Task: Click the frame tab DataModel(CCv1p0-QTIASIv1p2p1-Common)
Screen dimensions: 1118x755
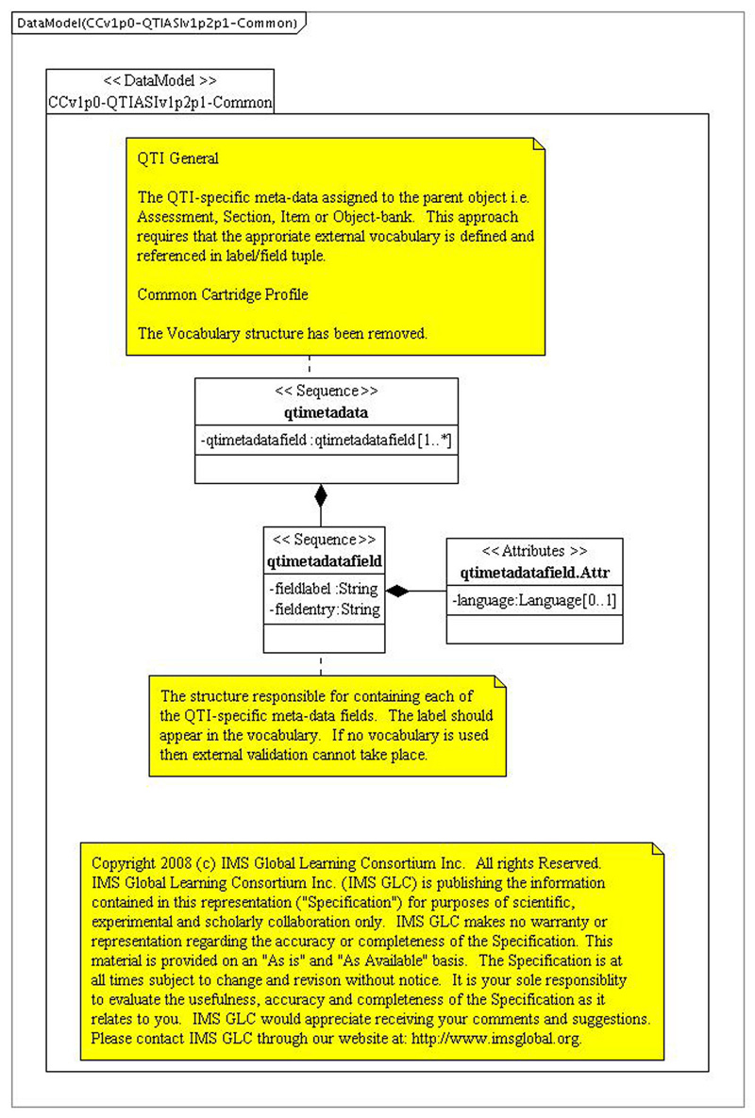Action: point(156,22)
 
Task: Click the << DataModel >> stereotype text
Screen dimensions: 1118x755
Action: point(160,81)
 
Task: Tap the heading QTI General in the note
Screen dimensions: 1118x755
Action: point(178,159)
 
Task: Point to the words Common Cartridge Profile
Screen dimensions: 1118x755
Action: point(223,294)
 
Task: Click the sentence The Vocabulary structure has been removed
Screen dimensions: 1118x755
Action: point(283,332)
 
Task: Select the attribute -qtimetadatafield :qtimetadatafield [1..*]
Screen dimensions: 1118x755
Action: point(327,440)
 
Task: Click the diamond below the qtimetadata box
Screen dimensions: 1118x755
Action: point(321,494)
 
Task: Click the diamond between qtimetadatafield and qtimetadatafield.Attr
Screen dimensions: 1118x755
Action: point(398,592)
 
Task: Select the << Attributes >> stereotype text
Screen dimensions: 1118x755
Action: point(534,551)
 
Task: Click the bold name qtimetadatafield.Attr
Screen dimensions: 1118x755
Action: point(534,572)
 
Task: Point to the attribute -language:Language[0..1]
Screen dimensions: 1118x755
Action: point(534,599)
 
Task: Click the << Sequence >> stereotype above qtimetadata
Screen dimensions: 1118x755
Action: point(326,391)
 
